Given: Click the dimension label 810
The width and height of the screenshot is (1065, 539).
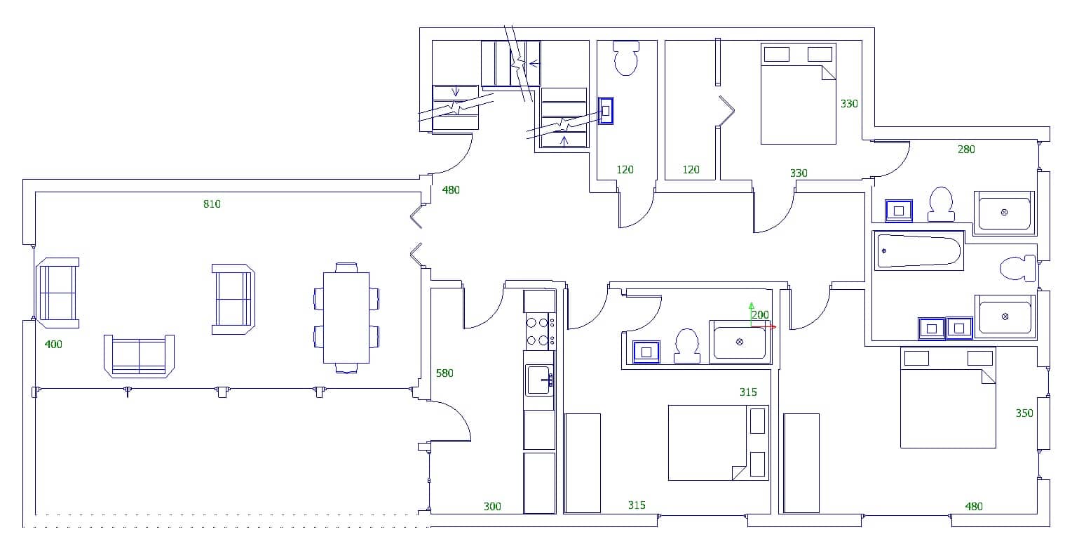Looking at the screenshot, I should click(212, 204).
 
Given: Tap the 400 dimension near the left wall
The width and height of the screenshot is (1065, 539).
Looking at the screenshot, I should click(53, 345).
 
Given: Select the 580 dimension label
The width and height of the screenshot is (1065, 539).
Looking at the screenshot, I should click(445, 373).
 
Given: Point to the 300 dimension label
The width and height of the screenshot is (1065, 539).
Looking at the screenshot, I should click(492, 506).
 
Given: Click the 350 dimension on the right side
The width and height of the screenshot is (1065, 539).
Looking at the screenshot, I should click(1024, 413).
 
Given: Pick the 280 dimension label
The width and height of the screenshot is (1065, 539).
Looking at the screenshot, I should click(966, 149).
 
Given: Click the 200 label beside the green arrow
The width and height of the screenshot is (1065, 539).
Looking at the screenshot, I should click(760, 315).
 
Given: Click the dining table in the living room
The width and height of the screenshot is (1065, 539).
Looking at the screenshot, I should click(346, 317).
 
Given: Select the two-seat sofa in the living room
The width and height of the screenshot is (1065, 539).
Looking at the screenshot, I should click(139, 356).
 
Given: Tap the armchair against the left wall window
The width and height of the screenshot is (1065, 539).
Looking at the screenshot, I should click(57, 293).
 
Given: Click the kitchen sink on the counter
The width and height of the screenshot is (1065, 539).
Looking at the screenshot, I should click(538, 380).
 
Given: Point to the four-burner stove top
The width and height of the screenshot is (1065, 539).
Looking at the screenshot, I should click(538, 331).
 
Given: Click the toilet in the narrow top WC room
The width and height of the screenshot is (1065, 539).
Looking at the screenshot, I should click(626, 58).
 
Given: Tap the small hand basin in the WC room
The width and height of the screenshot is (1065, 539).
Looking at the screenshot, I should click(606, 111).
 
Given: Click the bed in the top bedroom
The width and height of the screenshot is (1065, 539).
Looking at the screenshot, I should click(799, 94).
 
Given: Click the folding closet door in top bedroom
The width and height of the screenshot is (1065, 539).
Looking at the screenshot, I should click(725, 111).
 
